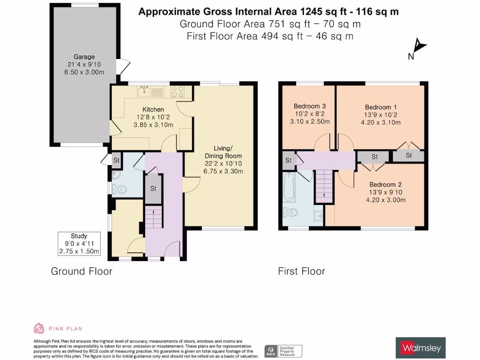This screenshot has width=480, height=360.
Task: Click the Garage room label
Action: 83,57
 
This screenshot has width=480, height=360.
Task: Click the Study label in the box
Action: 79,236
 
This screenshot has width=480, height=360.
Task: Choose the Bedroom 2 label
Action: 385,184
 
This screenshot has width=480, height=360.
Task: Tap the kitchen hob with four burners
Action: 178,90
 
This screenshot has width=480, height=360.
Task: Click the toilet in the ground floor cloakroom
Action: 120,190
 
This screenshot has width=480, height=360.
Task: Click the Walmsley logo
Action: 420,347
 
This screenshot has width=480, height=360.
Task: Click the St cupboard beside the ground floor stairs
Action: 153,188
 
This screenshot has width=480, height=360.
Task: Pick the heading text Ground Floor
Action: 82,271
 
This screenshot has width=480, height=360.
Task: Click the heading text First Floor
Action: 301,271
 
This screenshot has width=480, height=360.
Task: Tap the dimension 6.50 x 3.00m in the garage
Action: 83,72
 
